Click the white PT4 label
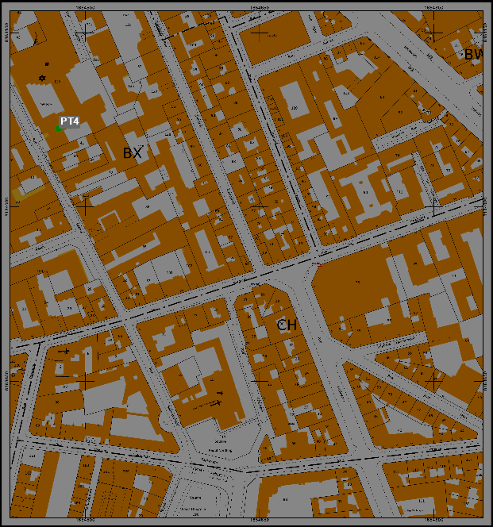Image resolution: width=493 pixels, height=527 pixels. click(x=70, y=121)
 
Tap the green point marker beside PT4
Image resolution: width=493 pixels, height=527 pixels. click(x=59, y=128)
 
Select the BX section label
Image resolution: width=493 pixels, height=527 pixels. click(x=132, y=153)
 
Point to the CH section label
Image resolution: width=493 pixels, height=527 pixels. click(x=287, y=325)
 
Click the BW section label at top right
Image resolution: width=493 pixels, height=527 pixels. click(x=474, y=55)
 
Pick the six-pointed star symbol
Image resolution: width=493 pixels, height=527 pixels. click(x=42, y=78)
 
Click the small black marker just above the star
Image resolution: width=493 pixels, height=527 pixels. click(x=47, y=63)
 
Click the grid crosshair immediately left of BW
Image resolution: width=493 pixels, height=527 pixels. click(x=434, y=33)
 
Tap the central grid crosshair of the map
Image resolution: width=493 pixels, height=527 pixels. click(x=260, y=206)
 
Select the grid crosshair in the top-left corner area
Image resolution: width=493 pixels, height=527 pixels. click(x=85, y=33)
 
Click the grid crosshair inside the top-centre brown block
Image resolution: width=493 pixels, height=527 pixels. click(x=260, y=33)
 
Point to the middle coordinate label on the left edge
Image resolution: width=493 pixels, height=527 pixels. click(x=7, y=206)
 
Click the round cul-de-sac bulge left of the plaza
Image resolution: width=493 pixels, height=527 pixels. click(x=168, y=417)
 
